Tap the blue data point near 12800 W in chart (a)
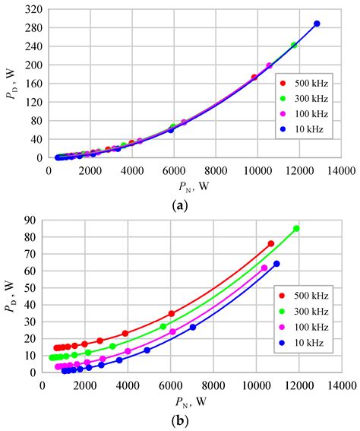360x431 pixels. point(317,24)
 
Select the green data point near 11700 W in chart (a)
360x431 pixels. point(294,45)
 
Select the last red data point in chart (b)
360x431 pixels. point(271,244)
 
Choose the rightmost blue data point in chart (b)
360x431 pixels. point(276,264)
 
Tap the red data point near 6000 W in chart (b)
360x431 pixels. point(172,313)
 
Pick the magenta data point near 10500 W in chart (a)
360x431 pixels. point(270,65)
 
